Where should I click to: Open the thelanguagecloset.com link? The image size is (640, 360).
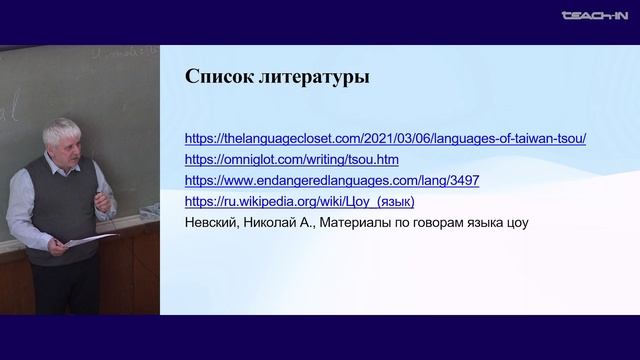tap(386, 138)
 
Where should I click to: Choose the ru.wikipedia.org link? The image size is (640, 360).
tap(294, 202)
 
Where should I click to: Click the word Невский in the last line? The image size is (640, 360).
tap(212, 223)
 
